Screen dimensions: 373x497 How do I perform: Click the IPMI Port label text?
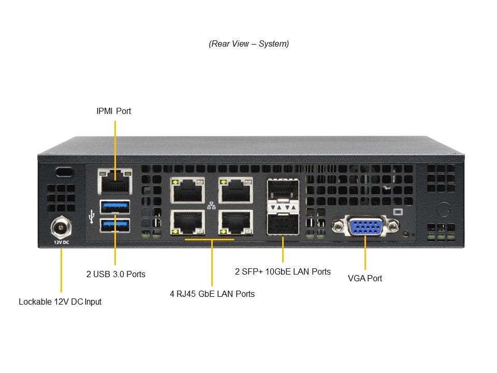point(114,111)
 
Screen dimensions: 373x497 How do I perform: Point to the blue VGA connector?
point(365,226)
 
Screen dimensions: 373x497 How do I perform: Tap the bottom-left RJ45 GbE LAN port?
point(187,223)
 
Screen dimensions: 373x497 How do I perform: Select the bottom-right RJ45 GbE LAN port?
point(235,223)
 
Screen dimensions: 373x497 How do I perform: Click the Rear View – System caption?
point(248,44)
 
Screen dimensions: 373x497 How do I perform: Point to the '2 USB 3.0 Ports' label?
point(116,274)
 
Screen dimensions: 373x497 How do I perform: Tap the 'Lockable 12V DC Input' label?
point(60,302)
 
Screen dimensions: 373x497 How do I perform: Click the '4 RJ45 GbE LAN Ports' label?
point(212,294)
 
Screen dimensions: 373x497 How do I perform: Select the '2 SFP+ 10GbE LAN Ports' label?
point(283,271)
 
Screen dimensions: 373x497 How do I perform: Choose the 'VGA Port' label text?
point(365,278)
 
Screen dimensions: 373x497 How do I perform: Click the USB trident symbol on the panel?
point(92,216)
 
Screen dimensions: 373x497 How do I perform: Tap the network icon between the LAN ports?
point(211,206)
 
